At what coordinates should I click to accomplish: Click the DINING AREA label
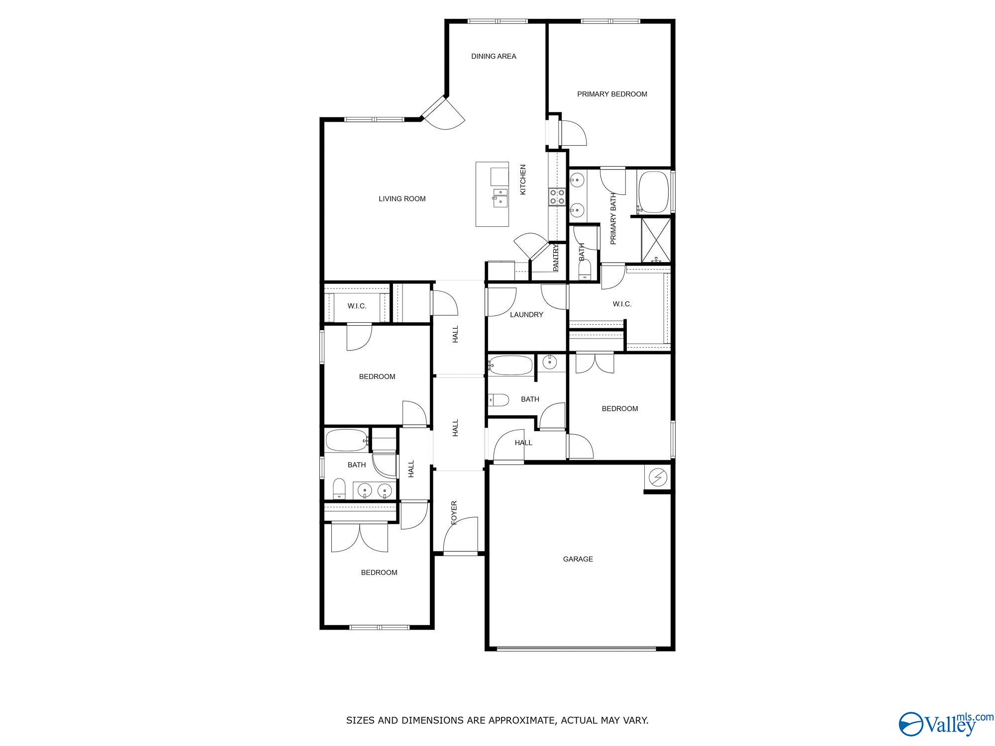(x=494, y=57)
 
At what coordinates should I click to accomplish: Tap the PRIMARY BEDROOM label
(x=612, y=94)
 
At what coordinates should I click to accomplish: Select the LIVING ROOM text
(x=402, y=199)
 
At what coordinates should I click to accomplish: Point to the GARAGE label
(x=578, y=559)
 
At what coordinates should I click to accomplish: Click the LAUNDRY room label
(x=526, y=315)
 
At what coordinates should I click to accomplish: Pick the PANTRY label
(x=556, y=258)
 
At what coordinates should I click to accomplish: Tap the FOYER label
(x=454, y=513)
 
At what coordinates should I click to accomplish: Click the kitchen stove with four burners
(x=557, y=197)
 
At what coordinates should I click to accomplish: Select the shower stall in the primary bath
(x=656, y=240)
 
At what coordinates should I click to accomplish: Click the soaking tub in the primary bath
(x=653, y=191)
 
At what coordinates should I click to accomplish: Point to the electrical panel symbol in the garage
(x=658, y=477)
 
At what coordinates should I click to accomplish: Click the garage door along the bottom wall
(x=577, y=648)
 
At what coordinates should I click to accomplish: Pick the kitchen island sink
(x=499, y=196)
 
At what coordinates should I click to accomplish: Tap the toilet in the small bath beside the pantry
(x=584, y=271)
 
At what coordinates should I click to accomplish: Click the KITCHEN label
(x=523, y=180)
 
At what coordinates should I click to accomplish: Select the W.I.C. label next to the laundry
(x=622, y=304)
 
